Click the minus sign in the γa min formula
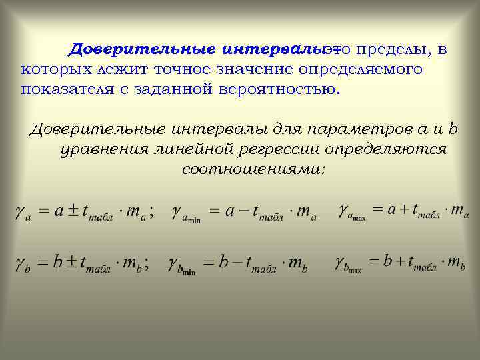pos(241,211)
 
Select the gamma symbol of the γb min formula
pos(176,263)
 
